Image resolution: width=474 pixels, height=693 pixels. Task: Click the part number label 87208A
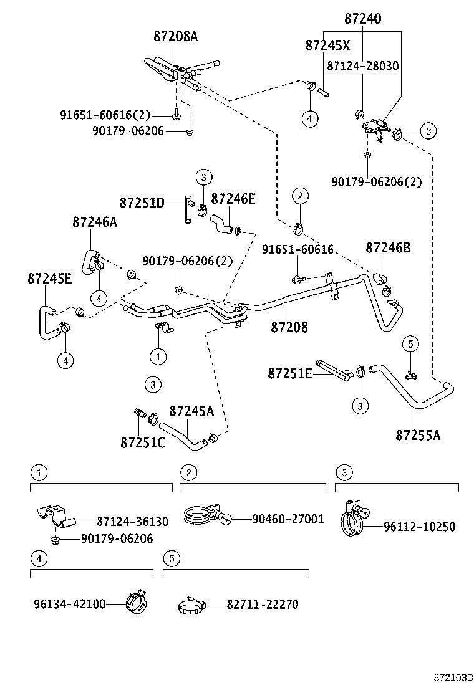click(x=175, y=36)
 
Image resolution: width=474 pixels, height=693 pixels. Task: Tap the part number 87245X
click(x=328, y=45)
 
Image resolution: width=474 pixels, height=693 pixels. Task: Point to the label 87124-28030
click(x=362, y=66)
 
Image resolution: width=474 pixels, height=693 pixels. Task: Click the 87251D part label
click(x=142, y=203)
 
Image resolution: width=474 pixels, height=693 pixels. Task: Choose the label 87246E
click(x=233, y=199)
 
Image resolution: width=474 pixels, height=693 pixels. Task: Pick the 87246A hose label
click(x=94, y=221)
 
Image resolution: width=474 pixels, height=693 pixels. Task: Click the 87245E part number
click(x=49, y=278)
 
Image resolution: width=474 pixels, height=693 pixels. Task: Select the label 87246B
click(x=388, y=247)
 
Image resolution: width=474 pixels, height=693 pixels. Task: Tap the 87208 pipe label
click(x=289, y=327)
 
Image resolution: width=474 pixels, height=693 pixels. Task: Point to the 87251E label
click(x=290, y=373)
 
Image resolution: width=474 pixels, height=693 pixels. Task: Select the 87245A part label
click(x=191, y=411)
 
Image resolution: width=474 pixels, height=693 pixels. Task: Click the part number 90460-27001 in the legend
click(x=288, y=519)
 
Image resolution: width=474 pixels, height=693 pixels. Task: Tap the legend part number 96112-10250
click(x=419, y=527)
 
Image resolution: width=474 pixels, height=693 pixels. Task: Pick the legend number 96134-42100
click(x=69, y=604)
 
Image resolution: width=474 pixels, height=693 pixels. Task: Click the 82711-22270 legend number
click(x=263, y=604)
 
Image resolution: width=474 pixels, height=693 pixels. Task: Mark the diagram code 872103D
click(x=454, y=677)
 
